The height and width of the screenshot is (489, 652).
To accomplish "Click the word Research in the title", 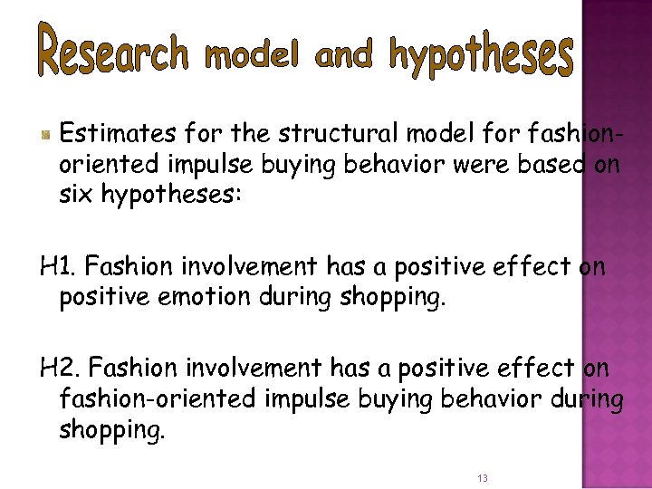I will pyautogui.click(x=112, y=52).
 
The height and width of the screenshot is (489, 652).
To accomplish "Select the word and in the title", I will pyautogui.click(x=344, y=56).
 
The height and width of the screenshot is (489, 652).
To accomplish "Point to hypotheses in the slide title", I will pyautogui.click(x=482, y=56).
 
